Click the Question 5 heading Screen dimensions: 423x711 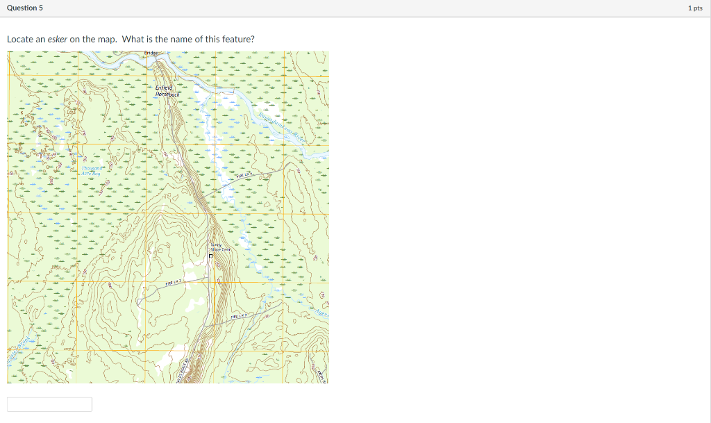(25, 8)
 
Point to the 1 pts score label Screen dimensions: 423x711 (694, 8)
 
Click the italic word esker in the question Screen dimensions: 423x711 (57, 39)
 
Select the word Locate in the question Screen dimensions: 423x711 (20, 39)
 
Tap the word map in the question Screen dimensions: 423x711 (106, 39)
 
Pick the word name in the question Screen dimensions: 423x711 (181, 39)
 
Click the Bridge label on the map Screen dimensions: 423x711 (151, 53)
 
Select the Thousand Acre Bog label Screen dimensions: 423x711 (92, 171)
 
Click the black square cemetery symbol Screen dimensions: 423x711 (211, 256)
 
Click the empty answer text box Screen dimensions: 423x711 (49, 404)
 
